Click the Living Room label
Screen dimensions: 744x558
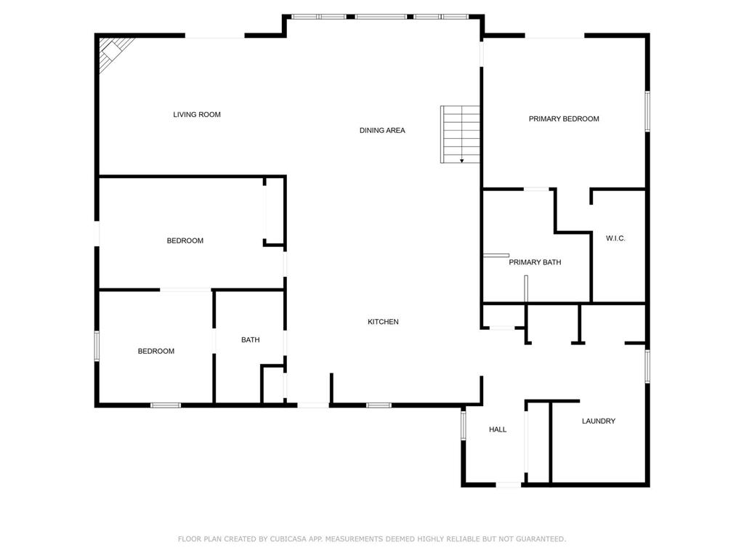pos(196,114)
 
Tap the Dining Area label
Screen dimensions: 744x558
pos(382,131)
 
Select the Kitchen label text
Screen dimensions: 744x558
pos(383,322)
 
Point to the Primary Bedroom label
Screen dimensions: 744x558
pos(564,118)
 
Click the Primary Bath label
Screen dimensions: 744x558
pos(535,262)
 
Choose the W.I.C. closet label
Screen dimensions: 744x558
pos(615,238)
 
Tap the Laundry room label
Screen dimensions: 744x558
pos(599,421)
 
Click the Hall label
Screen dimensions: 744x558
pos(498,429)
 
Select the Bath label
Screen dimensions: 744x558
pos(250,340)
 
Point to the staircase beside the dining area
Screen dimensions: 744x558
pos(460,134)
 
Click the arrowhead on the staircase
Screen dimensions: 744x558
pos(461,161)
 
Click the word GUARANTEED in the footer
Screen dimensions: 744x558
pos(541,539)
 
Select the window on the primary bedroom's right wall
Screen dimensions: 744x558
pos(647,111)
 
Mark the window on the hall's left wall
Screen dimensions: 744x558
pos(464,424)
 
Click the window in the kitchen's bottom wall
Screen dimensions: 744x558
pos(379,405)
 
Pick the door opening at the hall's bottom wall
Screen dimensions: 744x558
pos(509,485)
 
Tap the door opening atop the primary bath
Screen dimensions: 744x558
pos(536,190)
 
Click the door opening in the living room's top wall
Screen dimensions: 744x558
pos(214,36)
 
